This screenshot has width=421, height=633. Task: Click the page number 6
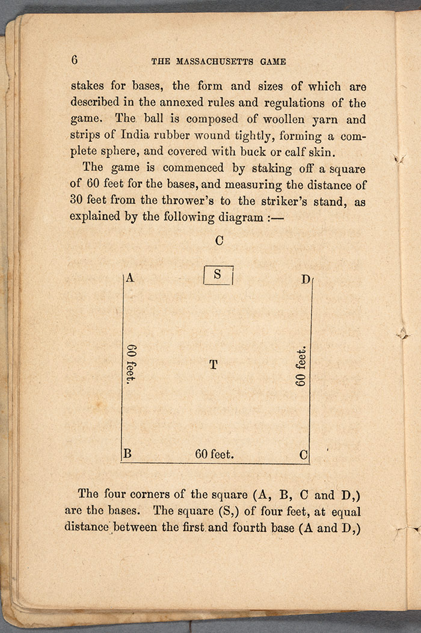point(75,60)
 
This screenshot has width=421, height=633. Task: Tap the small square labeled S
point(218,275)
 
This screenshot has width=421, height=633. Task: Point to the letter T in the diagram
point(213,365)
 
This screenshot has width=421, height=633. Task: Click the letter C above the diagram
point(219,241)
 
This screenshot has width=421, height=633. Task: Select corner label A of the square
point(129,279)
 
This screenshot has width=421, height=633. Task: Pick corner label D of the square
point(306,280)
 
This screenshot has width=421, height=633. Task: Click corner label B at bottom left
point(127,454)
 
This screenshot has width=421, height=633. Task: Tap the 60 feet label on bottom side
point(214,455)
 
